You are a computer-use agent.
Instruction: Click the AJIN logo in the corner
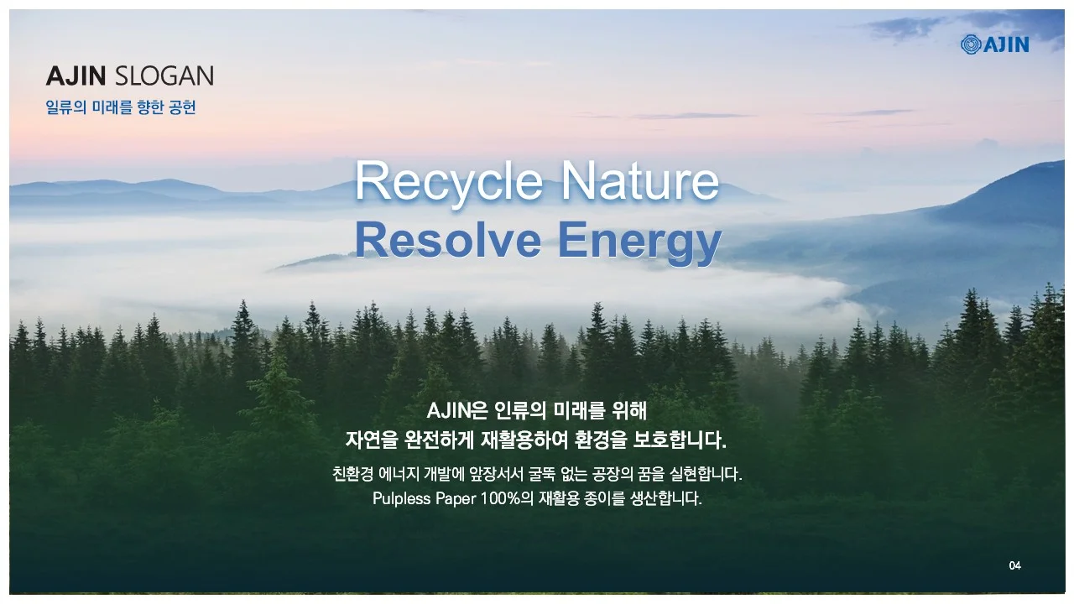pos(995,44)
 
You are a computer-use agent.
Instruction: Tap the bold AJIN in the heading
pos(76,76)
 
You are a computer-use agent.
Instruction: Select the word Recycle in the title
pos(449,181)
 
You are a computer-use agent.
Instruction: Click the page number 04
pos(1015,566)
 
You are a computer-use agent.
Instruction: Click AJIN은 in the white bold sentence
pos(457,411)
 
